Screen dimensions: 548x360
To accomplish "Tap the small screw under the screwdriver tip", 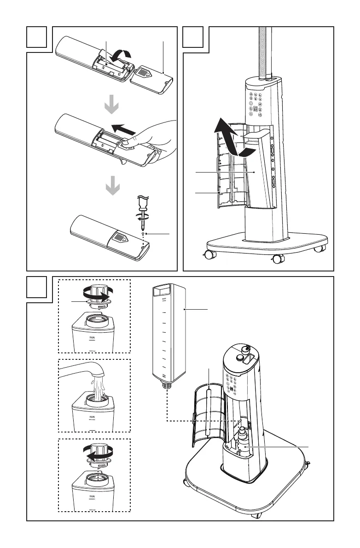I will [x=144, y=234].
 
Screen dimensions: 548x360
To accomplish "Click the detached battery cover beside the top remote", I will [x=152, y=79].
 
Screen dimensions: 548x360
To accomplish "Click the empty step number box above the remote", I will [x=37, y=36].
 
